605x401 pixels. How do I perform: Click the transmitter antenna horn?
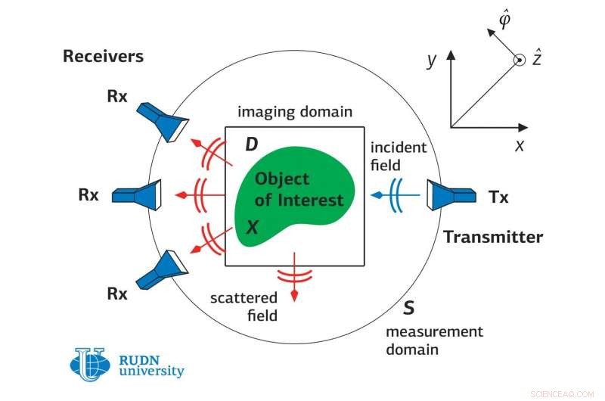(x=442, y=196)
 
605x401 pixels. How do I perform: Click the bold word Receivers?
(x=103, y=56)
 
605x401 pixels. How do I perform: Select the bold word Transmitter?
(x=492, y=237)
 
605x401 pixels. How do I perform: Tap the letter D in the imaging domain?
(x=252, y=145)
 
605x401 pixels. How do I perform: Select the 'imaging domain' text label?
(x=295, y=112)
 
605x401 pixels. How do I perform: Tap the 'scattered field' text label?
(x=244, y=306)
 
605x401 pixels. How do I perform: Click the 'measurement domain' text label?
(x=433, y=340)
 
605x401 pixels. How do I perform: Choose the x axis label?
(x=520, y=145)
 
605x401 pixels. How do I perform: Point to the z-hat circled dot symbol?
(x=518, y=61)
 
